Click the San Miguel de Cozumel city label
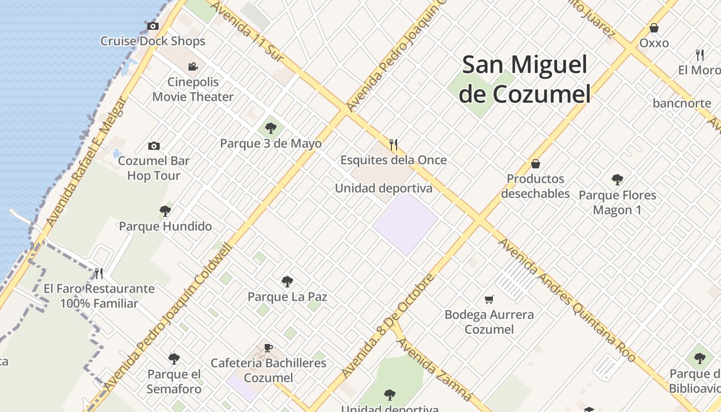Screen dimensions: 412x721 pyautogui.click(x=524, y=79)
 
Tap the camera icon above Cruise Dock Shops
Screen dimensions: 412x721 pyautogui.click(x=152, y=26)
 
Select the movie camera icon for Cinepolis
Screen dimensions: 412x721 pyautogui.click(x=193, y=66)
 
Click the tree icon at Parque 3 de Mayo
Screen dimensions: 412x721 pyautogui.click(x=270, y=128)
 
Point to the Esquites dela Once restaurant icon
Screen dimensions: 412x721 pyautogui.click(x=393, y=145)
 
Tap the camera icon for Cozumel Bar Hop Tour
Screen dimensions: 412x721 pyautogui.click(x=153, y=146)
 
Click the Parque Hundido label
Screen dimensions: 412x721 pyautogui.click(x=165, y=226)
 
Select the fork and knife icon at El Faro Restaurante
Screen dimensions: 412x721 pyautogui.click(x=99, y=273)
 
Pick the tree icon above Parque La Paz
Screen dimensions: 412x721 pyautogui.click(x=287, y=282)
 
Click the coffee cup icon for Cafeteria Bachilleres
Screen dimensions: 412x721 pyautogui.click(x=268, y=348)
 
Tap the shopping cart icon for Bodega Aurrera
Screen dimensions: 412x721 pyautogui.click(x=489, y=299)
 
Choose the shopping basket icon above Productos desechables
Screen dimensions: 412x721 pyautogui.click(x=536, y=164)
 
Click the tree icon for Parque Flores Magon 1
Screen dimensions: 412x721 pyautogui.click(x=617, y=180)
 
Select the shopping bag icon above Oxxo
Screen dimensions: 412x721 pyautogui.click(x=654, y=28)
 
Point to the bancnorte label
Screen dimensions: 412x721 pyautogui.click(x=682, y=103)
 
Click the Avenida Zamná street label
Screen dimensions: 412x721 pyautogui.click(x=435, y=369)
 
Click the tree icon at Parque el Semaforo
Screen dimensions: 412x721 pyautogui.click(x=174, y=359)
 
